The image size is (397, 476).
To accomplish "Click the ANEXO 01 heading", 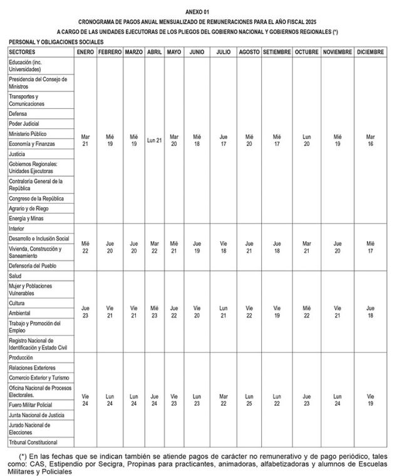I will click(x=198, y=12).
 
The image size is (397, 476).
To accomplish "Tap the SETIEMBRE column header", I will click(x=277, y=51).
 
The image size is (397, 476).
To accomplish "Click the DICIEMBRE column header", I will click(x=370, y=51).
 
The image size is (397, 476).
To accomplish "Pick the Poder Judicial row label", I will click(x=24, y=124).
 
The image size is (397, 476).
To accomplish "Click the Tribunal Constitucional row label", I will click(x=33, y=442).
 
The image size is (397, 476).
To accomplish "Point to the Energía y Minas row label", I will click(x=26, y=218).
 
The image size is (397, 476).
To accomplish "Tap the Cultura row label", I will click(x=17, y=303).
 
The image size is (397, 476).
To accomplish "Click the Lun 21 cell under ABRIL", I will click(x=154, y=140).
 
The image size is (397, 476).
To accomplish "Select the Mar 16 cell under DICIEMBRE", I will click(x=370, y=140).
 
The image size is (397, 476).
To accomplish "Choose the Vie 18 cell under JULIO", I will click(x=224, y=247).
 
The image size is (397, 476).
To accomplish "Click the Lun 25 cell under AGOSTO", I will click(x=249, y=400).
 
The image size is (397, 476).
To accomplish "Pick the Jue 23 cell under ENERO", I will click(x=85, y=311).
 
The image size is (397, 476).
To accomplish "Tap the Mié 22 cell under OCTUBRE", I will click(x=307, y=311).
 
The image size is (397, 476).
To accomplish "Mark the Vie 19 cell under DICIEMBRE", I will click(x=370, y=400).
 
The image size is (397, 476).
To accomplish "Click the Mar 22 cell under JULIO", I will click(x=224, y=400).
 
